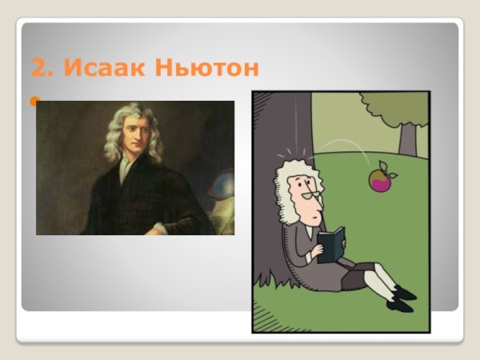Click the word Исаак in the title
pyautogui.click(x=111, y=68)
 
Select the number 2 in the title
pyautogui.click(x=38, y=68)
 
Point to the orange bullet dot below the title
pyautogui.click(x=34, y=102)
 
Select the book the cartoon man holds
pyautogui.click(x=330, y=242)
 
